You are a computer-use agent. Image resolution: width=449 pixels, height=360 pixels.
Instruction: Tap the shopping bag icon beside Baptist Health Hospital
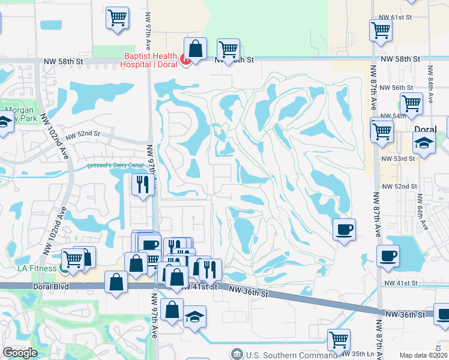pyautogui.click(x=195, y=48)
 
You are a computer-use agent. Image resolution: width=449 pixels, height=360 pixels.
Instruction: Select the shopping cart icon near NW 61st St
pyautogui.click(x=381, y=31)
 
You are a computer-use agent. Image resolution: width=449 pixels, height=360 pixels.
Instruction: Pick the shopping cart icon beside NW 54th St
pyautogui.click(x=411, y=103)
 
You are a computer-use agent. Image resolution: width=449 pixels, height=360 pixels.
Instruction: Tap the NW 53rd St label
pyautogui.click(x=398, y=158)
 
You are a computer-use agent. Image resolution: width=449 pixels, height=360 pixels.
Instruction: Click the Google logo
pyautogui.click(x=20, y=353)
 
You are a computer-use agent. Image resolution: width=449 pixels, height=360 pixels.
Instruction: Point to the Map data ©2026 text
pyautogui.click(x=423, y=355)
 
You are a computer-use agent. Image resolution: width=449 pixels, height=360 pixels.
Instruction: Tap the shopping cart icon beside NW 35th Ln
pyautogui.click(x=339, y=340)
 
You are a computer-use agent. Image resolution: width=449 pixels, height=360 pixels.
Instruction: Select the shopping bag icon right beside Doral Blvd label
pyautogui.click(x=116, y=282)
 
